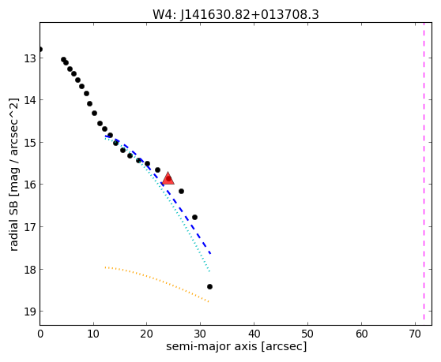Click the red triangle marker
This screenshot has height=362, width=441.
pyautogui.click(x=168, y=178)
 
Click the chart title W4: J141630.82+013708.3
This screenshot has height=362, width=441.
pyautogui.click(x=236, y=15)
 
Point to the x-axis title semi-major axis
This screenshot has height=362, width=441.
pyautogui.click(x=236, y=346)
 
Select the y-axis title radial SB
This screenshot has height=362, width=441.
pyautogui.click(x=13, y=174)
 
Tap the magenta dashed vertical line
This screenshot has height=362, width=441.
pyautogui.click(x=424, y=171)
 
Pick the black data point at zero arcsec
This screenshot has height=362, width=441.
pyautogui.click(x=40, y=50)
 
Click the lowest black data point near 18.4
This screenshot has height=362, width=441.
pyautogui.click(x=209, y=286)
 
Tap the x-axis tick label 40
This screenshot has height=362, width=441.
pyautogui.click(x=254, y=334)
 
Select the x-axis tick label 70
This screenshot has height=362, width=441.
pyautogui.click(x=415, y=334)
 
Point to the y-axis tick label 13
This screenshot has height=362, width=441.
pyautogui.click(x=29, y=58)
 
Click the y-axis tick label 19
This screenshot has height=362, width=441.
pyautogui.click(x=29, y=312)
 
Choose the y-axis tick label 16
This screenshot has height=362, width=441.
pyautogui.click(x=29, y=185)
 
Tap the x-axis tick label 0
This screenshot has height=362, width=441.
pyautogui.click(x=40, y=334)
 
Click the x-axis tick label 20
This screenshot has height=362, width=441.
pyautogui.click(x=146, y=334)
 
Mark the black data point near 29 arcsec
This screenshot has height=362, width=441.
pyautogui.click(x=194, y=217)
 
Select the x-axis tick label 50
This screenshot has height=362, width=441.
pyautogui.click(x=307, y=334)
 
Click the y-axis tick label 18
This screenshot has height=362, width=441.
pyautogui.click(x=29, y=270)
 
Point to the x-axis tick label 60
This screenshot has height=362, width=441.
pyautogui.click(x=361, y=334)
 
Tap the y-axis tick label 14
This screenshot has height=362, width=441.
pyautogui.click(x=29, y=100)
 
